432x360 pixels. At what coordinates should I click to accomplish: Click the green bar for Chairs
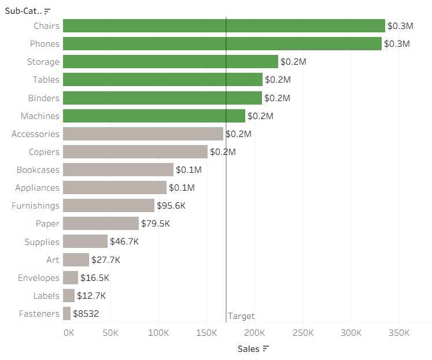click(224, 25)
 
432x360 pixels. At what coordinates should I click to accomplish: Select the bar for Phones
click(222, 43)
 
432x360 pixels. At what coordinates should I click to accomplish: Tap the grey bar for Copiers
click(135, 151)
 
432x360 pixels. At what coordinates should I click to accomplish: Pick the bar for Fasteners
click(67, 313)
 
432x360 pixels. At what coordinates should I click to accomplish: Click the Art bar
click(76, 259)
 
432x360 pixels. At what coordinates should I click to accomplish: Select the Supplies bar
click(85, 242)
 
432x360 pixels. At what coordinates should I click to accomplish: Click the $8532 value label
click(86, 314)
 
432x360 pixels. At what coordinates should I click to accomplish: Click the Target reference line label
click(241, 316)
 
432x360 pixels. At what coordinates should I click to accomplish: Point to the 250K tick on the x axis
click(302, 333)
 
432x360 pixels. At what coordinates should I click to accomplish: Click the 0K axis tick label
click(68, 333)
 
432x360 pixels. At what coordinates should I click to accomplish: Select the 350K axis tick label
click(398, 333)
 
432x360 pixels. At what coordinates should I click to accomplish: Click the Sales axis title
click(249, 349)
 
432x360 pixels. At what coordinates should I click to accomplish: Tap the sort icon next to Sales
click(266, 349)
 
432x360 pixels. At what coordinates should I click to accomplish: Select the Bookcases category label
click(38, 170)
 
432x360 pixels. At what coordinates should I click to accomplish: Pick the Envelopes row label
click(38, 278)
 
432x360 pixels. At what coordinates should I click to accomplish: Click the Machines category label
click(40, 116)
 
